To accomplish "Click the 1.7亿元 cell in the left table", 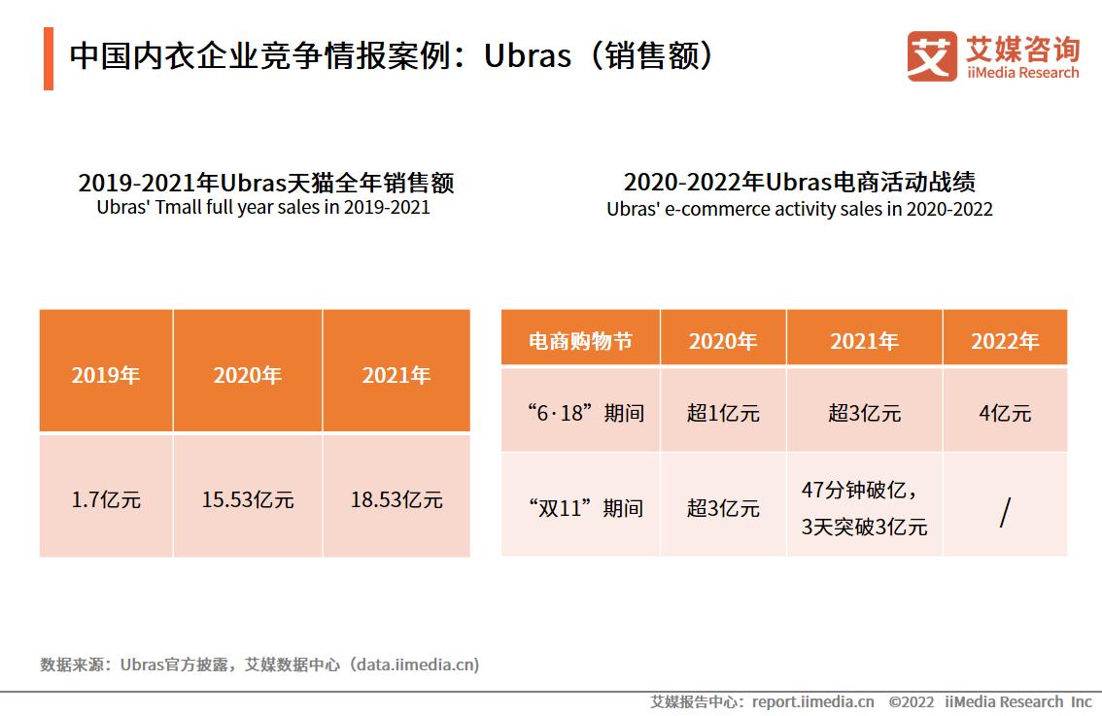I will [x=106, y=499].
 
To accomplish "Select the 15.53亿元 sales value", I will [x=248, y=499].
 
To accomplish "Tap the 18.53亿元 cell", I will [x=396, y=499].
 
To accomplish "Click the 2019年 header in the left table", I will [x=106, y=375].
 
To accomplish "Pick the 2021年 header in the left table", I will [x=396, y=375].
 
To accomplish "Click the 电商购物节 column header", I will [x=580, y=341].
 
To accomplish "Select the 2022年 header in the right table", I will [x=1005, y=341].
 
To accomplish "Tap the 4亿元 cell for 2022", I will [x=1005, y=413].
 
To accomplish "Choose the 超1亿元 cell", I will [x=723, y=413].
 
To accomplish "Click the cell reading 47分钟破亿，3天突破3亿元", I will [x=864, y=508].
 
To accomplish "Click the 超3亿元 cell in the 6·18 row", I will [x=864, y=413].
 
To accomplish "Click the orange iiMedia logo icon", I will [x=931, y=56].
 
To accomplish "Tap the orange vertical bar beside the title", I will [x=49, y=59].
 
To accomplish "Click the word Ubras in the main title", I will [x=527, y=56].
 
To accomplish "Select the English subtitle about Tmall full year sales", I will [x=263, y=208].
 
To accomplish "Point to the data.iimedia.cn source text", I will [x=416, y=665].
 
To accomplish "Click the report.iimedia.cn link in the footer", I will [x=812, y=701].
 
